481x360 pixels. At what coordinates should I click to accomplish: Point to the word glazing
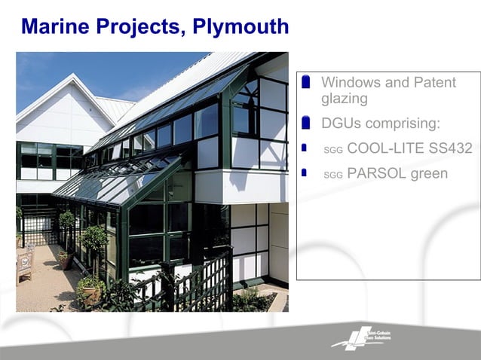344,99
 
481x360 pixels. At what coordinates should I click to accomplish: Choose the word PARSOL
376,173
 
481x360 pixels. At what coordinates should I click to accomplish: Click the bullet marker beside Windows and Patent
305,81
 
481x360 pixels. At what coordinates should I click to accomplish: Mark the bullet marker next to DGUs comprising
305,122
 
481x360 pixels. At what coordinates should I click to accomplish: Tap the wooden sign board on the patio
26,262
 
